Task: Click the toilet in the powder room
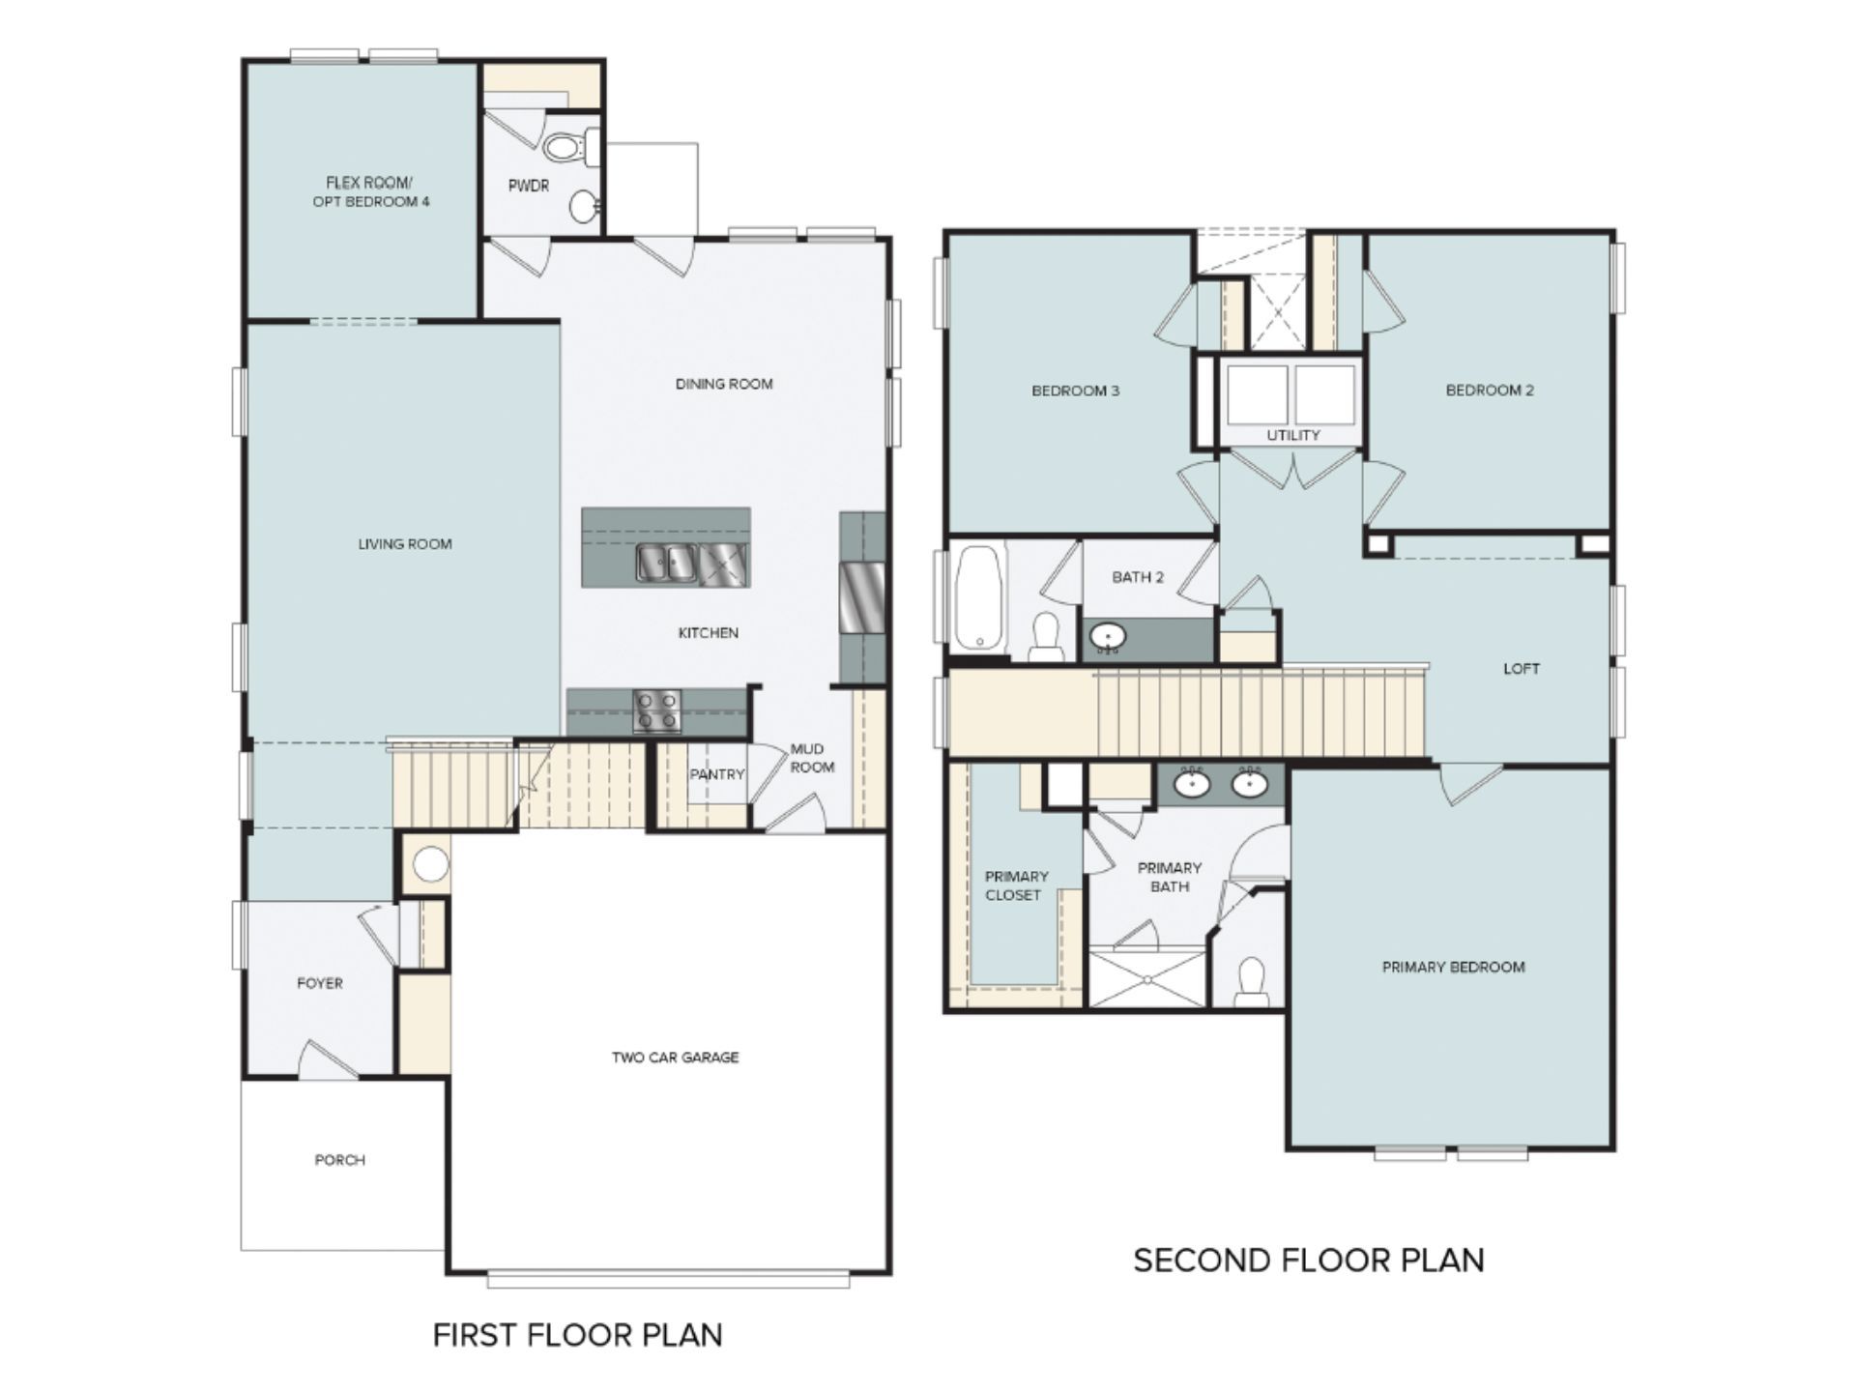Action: click(x=563, y=148)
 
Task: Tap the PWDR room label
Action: click(x=529, y=186)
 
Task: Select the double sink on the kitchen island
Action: click(x=666, y=563)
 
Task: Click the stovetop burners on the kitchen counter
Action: click(x=656, y=710)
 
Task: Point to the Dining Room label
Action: click(x=724, y=384)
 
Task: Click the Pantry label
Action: click(x=716, y=774)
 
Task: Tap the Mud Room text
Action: click(x=811, y=758)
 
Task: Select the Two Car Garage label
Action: click(x=675, y=1058)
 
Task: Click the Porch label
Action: click(x=339, y=1160)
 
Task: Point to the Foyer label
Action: click(x=320, y=983)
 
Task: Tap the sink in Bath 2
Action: click(x=1108, y=637)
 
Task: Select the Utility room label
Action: click(x=1293, y=436)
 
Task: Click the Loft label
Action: click(x=1521, y=669)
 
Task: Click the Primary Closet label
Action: click(x=1015, y=885)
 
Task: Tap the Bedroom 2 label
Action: click(x=1489, y=391)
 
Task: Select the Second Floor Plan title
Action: click(x=1308, y=1261)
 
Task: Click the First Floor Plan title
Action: click(x=577, y=1335)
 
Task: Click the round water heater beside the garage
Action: click(x=430, y=863)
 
